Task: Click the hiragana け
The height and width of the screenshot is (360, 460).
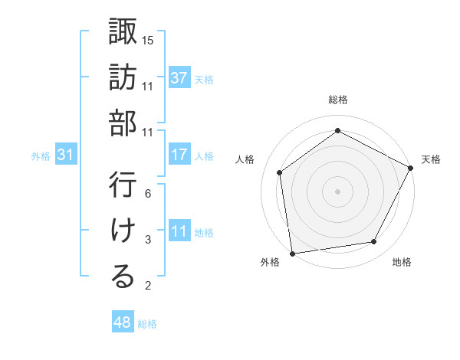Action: click(123, 231)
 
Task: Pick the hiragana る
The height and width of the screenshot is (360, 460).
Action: click(123, 277)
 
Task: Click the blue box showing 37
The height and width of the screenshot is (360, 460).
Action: click(179, 77)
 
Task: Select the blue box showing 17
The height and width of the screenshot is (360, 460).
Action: click(179, 155)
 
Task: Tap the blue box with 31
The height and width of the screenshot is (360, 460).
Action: click(65, 155)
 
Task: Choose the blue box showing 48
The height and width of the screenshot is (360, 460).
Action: click(123, 322)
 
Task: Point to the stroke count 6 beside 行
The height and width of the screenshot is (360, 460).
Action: click(148, 193)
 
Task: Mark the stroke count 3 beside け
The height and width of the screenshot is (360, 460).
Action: click(148, 240)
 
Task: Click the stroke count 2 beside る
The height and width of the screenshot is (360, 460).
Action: click(148, 286)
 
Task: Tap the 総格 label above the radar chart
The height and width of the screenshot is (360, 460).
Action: click(338, 100)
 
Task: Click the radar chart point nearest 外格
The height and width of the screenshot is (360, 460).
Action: click(292, 253)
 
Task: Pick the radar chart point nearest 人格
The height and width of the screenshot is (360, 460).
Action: click(280, 172)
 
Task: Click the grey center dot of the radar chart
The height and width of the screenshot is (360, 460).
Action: click(338, 191)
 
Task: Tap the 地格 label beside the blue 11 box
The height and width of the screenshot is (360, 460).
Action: click(204, 232)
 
